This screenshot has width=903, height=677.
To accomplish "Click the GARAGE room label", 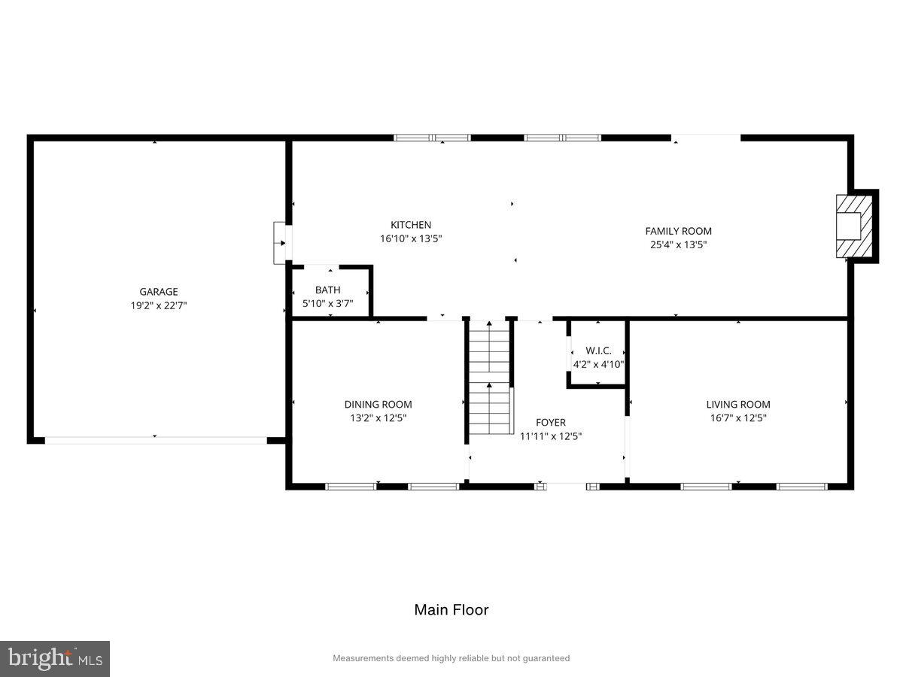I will tap(158, 292).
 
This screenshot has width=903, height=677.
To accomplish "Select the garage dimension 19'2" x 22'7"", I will tap(158, 305).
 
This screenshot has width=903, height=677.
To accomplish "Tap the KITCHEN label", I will tap(411, 225).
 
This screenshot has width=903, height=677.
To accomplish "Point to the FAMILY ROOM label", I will tap(678, 231).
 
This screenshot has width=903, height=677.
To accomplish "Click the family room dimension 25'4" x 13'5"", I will tap(678, 244).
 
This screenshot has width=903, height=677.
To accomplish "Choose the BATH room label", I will tap(327, 290).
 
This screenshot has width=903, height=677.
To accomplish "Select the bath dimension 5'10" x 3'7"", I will tap(327, 303).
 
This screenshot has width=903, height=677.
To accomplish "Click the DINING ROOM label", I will tap(378, 405).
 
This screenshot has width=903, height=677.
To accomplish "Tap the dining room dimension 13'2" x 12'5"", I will tap(378, 418).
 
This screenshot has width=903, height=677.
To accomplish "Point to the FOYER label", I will tap(550, 423).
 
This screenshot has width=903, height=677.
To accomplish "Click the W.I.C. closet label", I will tap(598, 351).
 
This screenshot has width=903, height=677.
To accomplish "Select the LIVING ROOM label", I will tap(737, 405).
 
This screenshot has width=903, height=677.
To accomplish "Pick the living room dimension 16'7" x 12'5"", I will tap(737, 418).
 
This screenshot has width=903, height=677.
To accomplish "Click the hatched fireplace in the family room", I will tap(855, 226).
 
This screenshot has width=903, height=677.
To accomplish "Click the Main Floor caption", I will tap(451, 610).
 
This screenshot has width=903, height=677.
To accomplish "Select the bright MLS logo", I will tap(55, 659).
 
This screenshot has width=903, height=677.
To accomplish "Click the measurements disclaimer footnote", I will tap(451, 658).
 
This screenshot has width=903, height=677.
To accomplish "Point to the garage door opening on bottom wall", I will tap(156, 441).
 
